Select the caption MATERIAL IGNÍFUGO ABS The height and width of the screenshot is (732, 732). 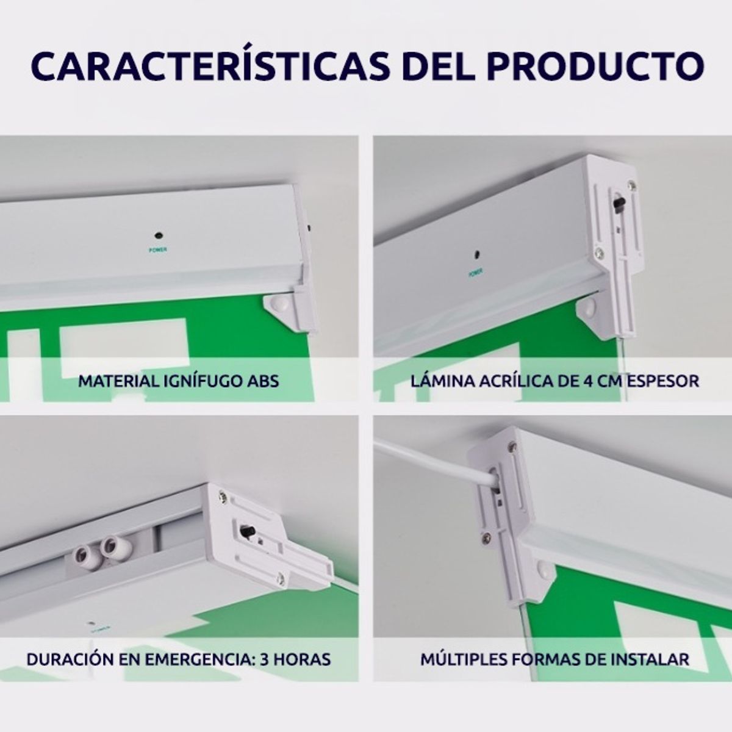179,381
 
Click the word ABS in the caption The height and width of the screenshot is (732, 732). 264,381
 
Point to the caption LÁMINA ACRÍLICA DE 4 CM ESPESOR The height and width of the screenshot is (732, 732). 554,381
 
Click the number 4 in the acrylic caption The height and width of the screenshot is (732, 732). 580,381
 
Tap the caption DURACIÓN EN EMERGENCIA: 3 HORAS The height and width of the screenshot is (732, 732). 179,659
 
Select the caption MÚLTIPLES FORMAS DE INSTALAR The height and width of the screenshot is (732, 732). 554,659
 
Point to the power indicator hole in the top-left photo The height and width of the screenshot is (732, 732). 158,234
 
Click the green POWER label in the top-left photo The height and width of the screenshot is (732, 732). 158,249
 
